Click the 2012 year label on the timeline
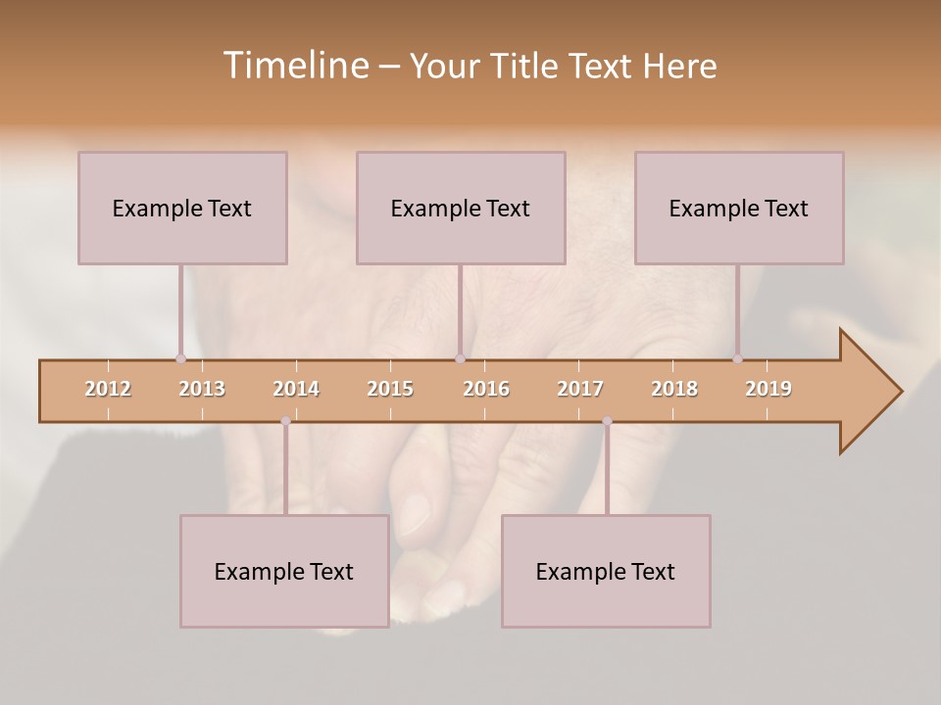[x=108, y=389]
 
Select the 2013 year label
[x=202, y=389]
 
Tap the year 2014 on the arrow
[x=296, y=389]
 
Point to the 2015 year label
[x=390, y=389]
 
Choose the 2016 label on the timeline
[x=486, y=389]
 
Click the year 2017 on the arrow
[x=580, y=389]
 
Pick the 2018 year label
[x=674, y=389]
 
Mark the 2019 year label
[x=768, y=389]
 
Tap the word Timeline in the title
[x=294, y=66]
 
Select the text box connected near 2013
[x=182, y=208]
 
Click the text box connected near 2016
[x=461, y=208]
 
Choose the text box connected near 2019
[x=739, y=208]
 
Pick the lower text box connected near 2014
[x=284, y=571]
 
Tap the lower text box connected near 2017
[x=606, y=571]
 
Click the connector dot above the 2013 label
[x=180, y=358]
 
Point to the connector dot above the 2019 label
[x=737, y=358]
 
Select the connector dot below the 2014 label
[x=285, y=421]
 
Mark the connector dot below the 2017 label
[x=607, y=421]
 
